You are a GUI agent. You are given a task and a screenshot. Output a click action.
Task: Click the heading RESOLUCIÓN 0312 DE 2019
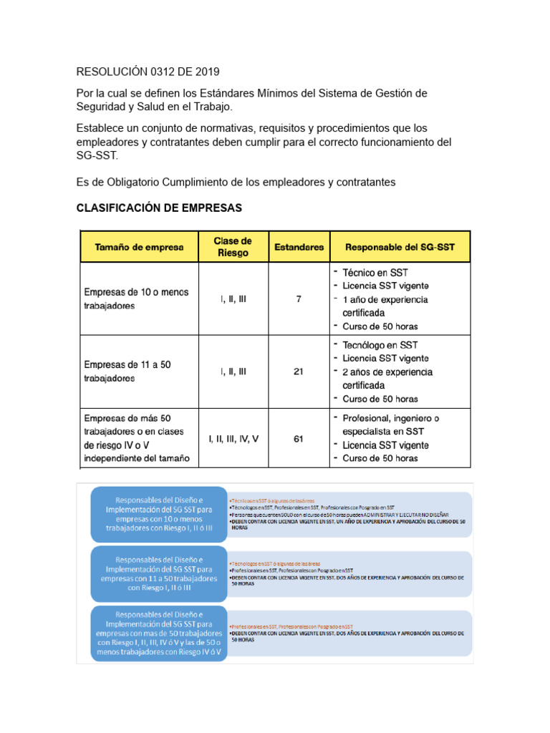pyautogui.click(x=148, y=72)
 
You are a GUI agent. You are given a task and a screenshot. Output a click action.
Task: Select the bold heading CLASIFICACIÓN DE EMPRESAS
pyautogui.click(x=159, y=208)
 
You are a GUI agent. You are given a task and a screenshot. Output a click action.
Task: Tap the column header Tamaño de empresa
pyautogui.click(x=140, y=248)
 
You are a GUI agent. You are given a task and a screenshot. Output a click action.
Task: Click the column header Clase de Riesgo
pyautogui.click(x=233, y=247)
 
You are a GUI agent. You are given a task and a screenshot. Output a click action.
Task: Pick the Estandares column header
pyautogui.click(x=299, y=248)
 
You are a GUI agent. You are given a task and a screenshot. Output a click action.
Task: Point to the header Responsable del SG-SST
pyautogui.click(x=400, y=248)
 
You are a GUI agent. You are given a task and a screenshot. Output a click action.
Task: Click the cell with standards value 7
pyautogui.click(x=299, y=299)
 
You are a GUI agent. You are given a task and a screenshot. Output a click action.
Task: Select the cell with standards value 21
pyautogui.click(x=299, y=372)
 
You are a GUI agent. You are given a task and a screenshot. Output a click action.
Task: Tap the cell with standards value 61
pyautogui.click(x=299, y=439)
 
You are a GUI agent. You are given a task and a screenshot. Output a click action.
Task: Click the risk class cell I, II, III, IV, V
pyautogui.click(x=233, y=439)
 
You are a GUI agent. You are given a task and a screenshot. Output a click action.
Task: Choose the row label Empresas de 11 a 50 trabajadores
pyautogui.click(x=127, y=372)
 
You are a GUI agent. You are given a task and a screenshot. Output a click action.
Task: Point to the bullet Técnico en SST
pyautogui.click(x=375, y=273)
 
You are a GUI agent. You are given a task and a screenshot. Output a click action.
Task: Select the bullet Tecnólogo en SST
pyautogui.click(x=380, y=345)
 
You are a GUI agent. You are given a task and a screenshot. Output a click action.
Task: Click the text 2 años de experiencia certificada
pyautogui.click(x=387, y=378)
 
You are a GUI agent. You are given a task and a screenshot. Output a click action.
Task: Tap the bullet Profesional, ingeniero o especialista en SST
pyautogui.click(x=390, y=424)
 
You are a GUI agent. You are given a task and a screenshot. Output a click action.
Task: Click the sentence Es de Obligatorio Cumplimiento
pyautogui.click(x=236, y=183)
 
